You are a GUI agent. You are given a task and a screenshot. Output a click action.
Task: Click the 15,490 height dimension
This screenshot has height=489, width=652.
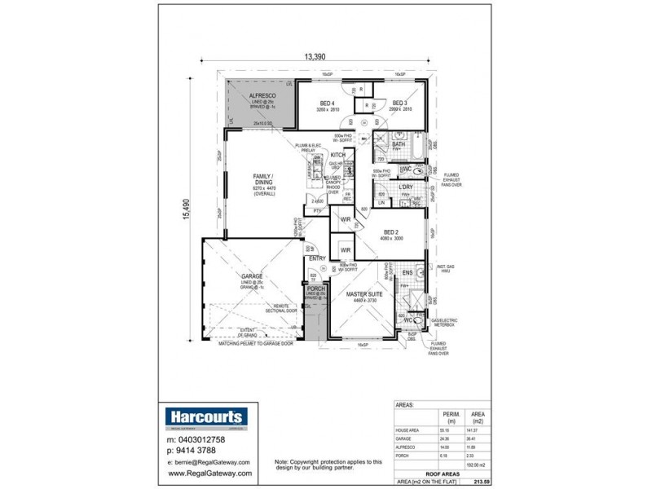pyautogui.click(x=187, y=209)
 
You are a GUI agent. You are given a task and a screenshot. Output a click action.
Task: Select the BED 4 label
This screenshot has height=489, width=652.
pyautogui.click(x=328, y=103)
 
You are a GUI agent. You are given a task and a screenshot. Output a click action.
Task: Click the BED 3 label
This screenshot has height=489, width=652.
pyautogui.click(x=400, y=103)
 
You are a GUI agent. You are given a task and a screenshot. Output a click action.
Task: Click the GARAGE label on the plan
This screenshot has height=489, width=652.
pyautogui.click(x=251, y=276)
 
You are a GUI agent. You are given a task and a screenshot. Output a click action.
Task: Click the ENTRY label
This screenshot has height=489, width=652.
pyautogui.click(x=317, y=258)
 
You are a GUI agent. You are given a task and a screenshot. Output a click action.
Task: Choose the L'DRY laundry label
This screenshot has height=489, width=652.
pyautogui.click(x=405, y=188)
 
